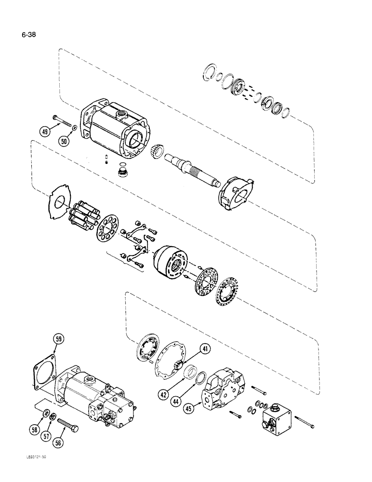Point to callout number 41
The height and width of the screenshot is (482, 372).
point(206,349)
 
